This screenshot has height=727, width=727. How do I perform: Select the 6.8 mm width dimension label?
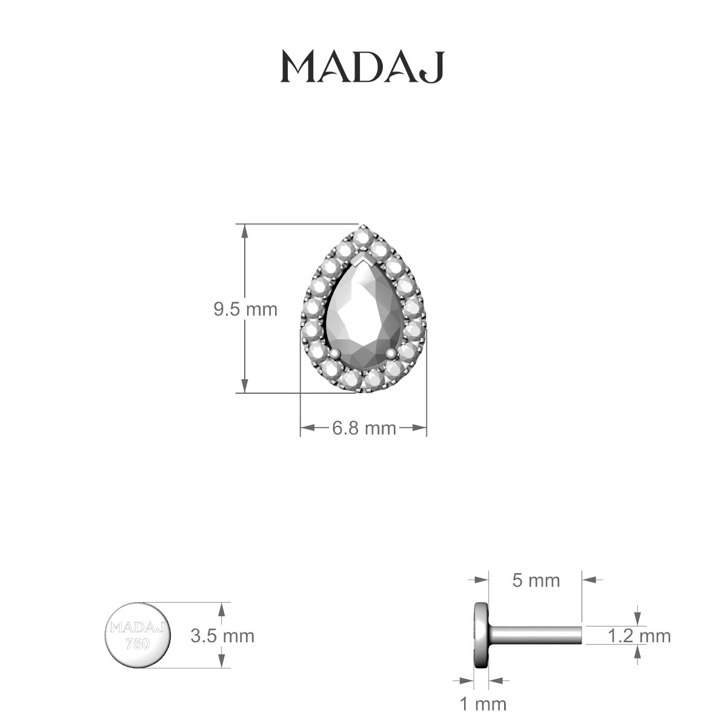(x=363, y=428)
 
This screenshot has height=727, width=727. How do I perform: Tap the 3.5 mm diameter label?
(x=222, y=636)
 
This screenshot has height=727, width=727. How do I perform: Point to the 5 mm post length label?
(x=536, y=580)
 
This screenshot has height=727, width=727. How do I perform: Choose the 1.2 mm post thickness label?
(x=639, y=636)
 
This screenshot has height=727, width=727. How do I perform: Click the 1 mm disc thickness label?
(x=483, y=704)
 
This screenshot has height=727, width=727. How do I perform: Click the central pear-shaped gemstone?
(x=363, y=315)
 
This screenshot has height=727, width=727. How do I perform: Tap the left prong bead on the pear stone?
(x=334, y=353)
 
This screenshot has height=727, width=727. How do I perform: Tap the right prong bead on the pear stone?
(x=391, y=353)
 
